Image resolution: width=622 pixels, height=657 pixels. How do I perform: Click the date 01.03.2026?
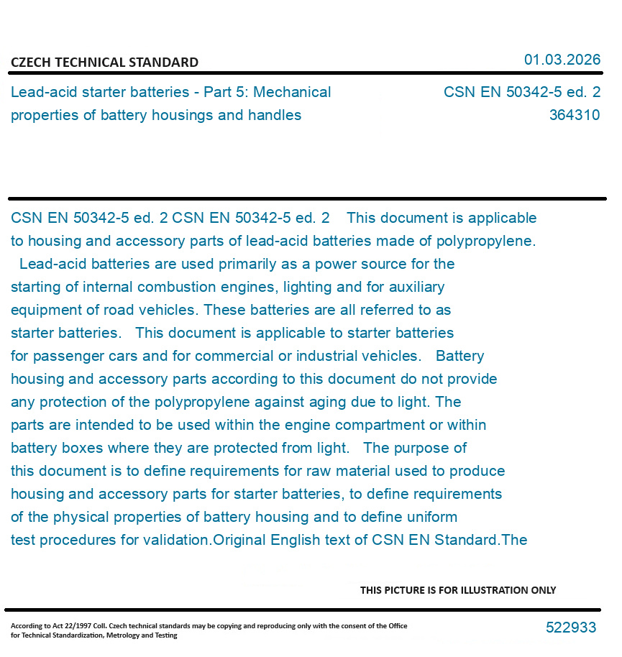coord(562,60)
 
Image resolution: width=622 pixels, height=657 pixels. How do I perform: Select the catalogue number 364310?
coord(575,115)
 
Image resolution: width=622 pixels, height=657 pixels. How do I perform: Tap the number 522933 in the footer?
coord(571,628)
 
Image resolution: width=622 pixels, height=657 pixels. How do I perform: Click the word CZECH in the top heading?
coord(29,63)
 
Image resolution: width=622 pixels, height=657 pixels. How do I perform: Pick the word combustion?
coord(173,287)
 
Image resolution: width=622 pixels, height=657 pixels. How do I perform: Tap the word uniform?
coord(429,517)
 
